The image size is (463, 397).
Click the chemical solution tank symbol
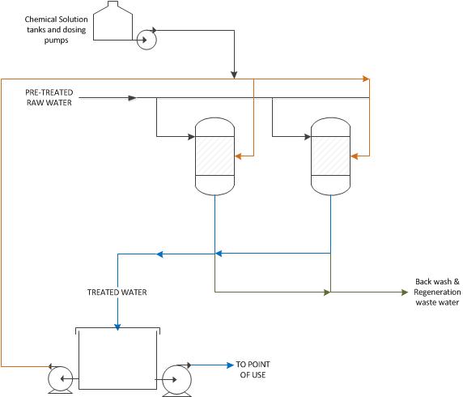click(113, 21)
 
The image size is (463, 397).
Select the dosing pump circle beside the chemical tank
click(147, 40)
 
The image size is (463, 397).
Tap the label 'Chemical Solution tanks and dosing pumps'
click(56, 29)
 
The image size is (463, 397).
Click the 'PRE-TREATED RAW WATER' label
click(49, 97)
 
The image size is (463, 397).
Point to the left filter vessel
click(215, 156)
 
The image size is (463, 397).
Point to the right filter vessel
click(330, 156)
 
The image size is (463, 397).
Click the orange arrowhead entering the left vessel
click(238, 156)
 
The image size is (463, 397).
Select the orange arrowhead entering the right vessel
click(354, 156)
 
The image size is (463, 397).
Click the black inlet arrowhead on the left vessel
click(191, 137)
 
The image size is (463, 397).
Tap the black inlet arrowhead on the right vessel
click(308, 137)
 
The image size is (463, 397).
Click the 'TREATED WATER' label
click(117, 292)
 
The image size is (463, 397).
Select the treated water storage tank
click(118, 358)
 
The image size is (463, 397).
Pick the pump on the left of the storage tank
click(60, 380)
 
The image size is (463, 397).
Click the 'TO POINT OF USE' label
click(253, 369)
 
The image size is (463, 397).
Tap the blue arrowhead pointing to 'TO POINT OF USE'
click(231, 365)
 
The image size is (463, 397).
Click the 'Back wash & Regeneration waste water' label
click(437, 292)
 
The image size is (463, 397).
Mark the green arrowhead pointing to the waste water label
click(405, 292)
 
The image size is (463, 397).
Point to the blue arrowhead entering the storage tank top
click(117, 327)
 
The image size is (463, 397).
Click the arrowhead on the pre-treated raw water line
click(132, 98)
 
